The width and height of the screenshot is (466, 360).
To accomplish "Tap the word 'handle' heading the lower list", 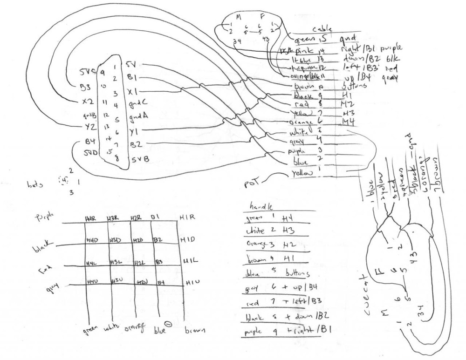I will (x=260, y=206).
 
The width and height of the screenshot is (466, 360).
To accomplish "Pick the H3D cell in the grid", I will (x=114, y=240).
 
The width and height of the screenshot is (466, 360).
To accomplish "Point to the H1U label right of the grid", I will (x=191, y=281).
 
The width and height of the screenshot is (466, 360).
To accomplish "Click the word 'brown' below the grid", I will (x=194, y=332).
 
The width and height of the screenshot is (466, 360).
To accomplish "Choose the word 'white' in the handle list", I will (x=256, y=231).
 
